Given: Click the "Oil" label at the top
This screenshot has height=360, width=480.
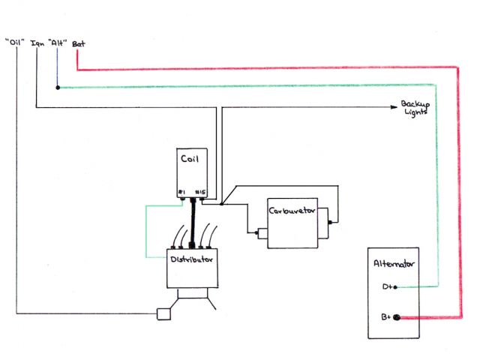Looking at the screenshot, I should (16, 43).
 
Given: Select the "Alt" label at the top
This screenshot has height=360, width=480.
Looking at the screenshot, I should (58, 43).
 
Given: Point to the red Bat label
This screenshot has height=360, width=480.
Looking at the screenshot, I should (77, 43).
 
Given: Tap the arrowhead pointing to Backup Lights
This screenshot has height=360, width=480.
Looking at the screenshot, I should (394, 108).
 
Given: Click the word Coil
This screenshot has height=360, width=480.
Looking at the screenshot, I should (189, 158).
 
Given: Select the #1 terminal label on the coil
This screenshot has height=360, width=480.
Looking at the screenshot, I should (181, 193).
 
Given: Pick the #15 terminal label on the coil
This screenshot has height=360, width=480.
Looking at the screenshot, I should (200, 193).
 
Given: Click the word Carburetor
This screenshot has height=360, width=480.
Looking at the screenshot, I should (293, 209).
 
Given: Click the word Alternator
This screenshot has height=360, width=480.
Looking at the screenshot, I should (394, 263).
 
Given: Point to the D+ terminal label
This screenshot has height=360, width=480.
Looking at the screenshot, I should (385, 286).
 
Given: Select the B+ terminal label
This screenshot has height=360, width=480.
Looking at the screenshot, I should (385, 317).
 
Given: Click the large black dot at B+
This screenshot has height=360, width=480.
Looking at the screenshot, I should (397, 318).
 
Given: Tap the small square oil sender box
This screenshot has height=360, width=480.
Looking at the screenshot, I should (161, 313).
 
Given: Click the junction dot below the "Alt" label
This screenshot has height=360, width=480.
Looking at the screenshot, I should (58, 88).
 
